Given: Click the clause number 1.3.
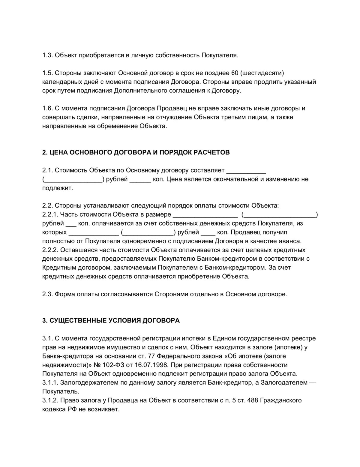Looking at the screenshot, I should [47, 55].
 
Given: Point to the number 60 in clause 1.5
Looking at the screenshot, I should [235, 73].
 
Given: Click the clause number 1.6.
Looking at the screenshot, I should [47, 108].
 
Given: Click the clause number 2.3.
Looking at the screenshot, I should [47, 294].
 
